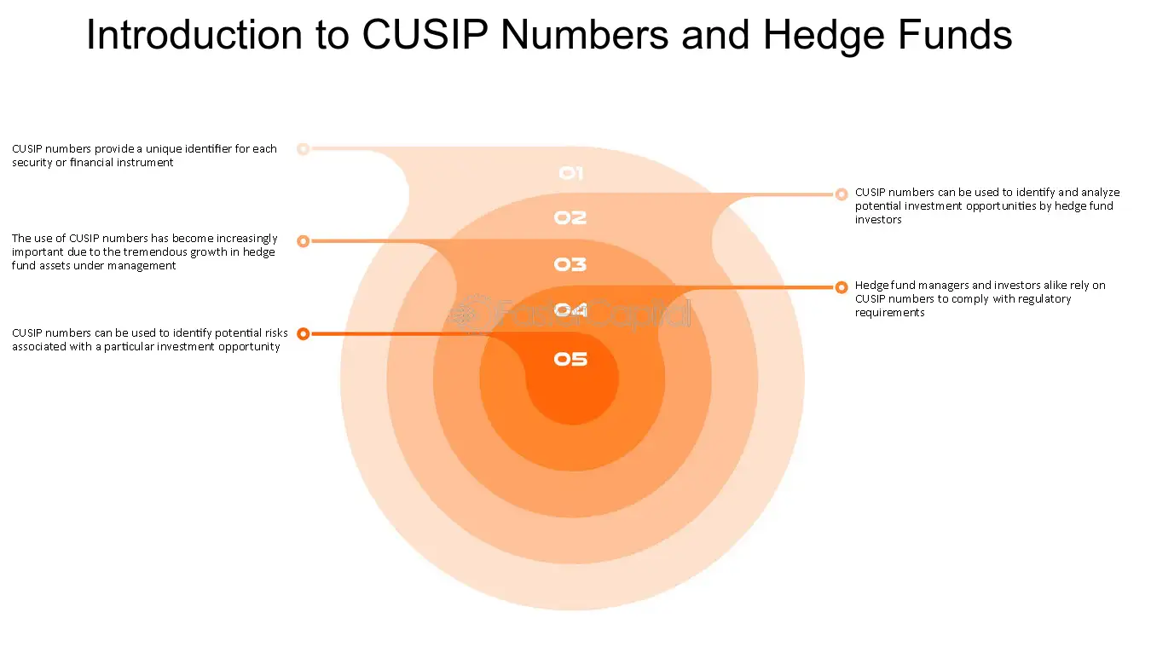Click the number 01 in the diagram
point(570,174)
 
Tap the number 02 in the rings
point(570,218)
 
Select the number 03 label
point(570,265)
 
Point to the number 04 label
point(570,310)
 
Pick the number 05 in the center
point(570,359)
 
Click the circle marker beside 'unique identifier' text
point(303,149)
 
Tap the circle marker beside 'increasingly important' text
point(303,241)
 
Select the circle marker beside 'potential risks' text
point(303,334)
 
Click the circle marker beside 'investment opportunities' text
point(842,194)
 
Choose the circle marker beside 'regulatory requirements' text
point(842,287)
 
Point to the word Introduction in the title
point(194,36)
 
